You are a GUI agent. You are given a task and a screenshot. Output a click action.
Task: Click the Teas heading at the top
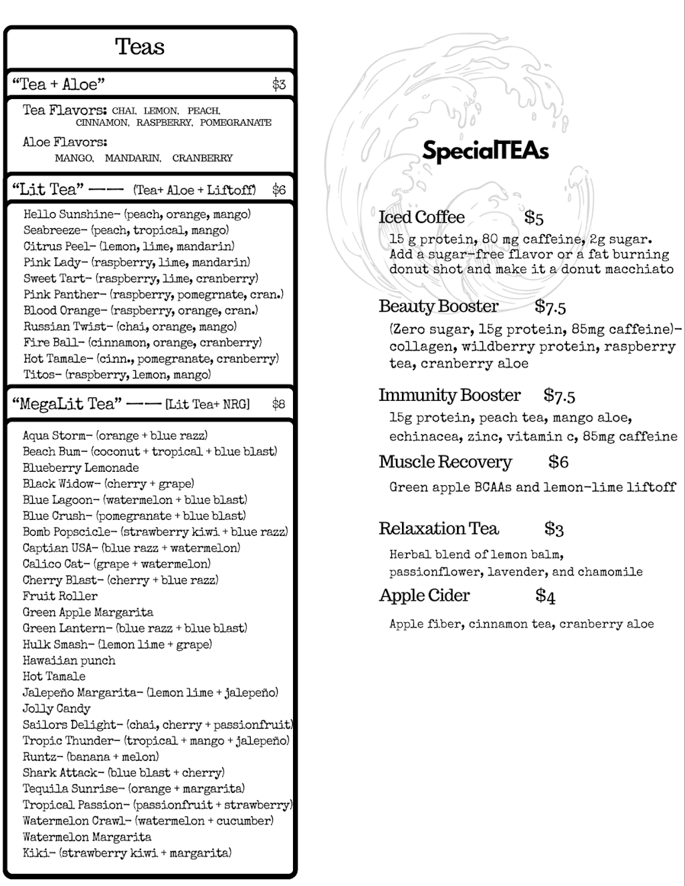click(140, 47)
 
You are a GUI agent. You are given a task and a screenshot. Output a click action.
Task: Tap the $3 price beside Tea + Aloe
click(278, 84)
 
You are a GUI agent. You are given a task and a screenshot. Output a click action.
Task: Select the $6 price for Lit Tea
click(278, 190)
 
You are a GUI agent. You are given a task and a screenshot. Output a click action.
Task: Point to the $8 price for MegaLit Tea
click(278, 404)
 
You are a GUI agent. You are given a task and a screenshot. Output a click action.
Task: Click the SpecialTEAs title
click(485, 151)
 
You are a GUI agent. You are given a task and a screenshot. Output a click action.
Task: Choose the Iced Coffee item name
click(421, 217)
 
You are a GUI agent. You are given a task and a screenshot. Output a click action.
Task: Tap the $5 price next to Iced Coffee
click(534, 218)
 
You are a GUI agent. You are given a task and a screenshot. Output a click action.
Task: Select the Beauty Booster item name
click(438, 306)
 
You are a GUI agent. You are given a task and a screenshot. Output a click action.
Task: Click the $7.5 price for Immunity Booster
click(559, 396)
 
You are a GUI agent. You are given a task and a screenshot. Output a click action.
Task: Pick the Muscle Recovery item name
click(445, 462)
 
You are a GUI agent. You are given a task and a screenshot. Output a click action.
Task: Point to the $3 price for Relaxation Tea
click(554, 529)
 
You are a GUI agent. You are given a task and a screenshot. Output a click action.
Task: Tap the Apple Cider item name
click(424, 596)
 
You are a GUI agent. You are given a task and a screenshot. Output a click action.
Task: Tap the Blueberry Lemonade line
click(81, 468)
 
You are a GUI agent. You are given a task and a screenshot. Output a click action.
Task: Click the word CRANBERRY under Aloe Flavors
click(202, 159)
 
